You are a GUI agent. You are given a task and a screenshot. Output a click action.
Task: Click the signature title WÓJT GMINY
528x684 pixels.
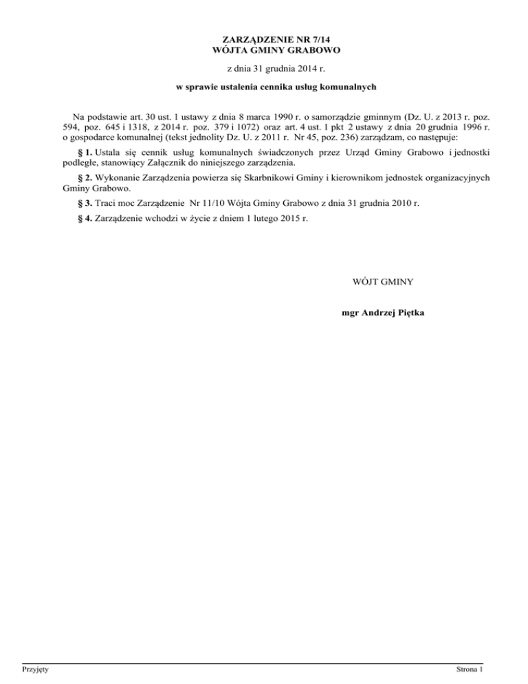382,281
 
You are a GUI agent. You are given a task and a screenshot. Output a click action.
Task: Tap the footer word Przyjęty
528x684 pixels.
34,669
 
